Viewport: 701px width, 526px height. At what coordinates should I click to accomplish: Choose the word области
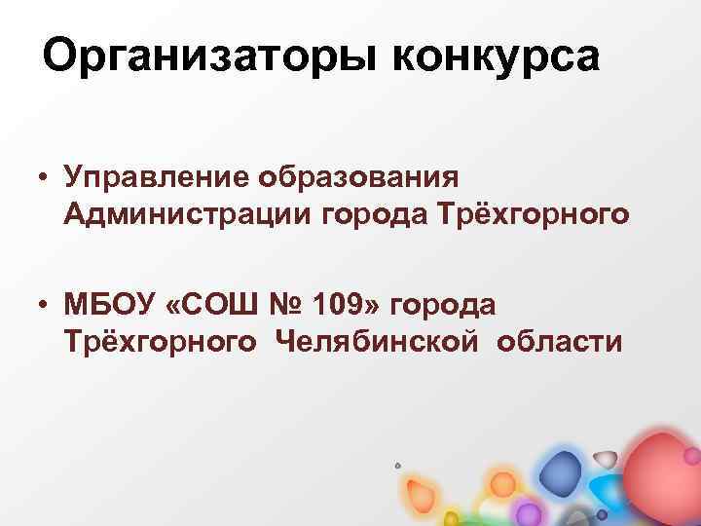(x=561, y=342)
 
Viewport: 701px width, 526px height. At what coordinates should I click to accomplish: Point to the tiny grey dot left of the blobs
(x=397, y=466)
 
